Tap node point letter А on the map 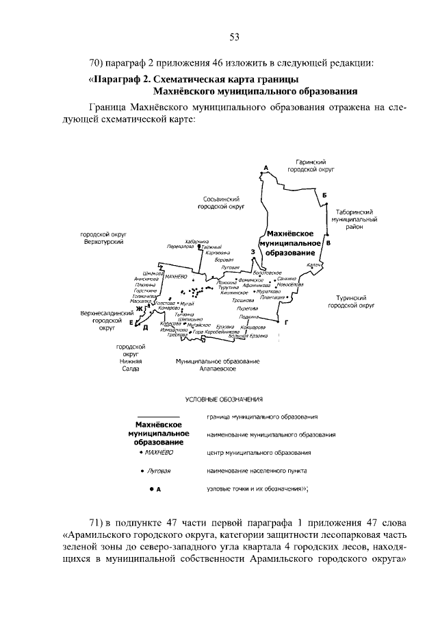264,168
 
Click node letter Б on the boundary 324,195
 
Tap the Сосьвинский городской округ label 222,202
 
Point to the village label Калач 315,264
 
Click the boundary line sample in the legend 158,417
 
